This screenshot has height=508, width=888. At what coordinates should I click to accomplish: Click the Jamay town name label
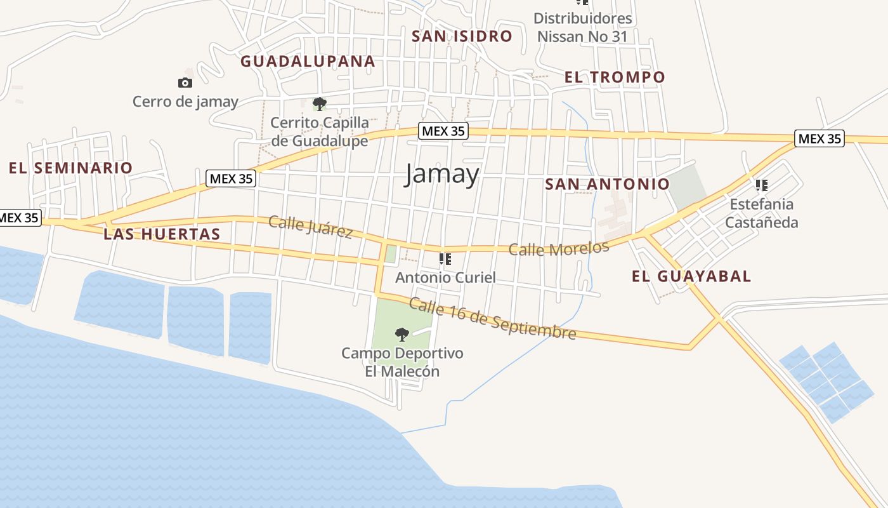click(x=441, y=173)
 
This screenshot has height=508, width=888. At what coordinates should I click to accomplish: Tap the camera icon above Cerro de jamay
click(x=185, y=83)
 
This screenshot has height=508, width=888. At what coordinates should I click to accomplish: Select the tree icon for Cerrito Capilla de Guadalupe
click(x=320, y=104)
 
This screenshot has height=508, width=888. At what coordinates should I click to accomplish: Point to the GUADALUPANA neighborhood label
click(x=308, y=62)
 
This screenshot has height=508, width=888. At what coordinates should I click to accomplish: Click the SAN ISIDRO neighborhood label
click(x=462, y=36)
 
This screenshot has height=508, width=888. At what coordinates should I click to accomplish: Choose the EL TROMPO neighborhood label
click(x=615, y=77)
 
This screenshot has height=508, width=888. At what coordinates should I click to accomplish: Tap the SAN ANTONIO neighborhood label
click(x=607, y=184)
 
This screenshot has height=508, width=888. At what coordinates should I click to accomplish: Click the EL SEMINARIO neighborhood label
click(x=70, y=168)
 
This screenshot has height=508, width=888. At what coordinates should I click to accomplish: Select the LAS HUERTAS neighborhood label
click(x=162, y=234)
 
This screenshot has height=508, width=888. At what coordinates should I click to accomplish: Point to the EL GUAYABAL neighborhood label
click(x=691, y=276)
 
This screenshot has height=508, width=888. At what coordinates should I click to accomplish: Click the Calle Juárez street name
click(x=310, y=227)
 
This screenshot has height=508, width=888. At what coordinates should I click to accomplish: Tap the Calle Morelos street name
click(x=559, y=248)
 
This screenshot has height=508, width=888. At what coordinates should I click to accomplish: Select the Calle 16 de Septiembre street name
click(x=492, y=319)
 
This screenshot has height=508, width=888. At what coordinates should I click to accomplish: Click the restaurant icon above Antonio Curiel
click(x=445, y=259)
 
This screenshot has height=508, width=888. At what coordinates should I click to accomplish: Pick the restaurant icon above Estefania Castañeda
click(x=762, y=185)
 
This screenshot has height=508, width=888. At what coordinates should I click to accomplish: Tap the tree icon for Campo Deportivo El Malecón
click(x=402, y=334)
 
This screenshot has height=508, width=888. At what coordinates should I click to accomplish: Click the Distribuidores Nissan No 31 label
click(x=582, y=27)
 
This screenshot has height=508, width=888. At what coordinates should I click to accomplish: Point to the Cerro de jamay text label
click(x=185, y=102)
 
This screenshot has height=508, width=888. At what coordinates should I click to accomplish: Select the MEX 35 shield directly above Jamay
click(x=443, y=131)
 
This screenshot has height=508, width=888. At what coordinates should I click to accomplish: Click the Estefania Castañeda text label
click(x=761, y=213)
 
